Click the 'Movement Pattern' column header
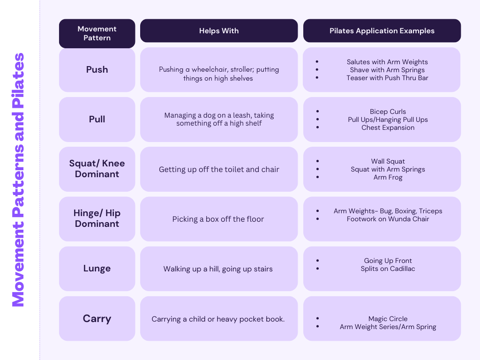click(97, 33)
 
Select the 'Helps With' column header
click(219, 31)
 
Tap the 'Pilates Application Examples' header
click(382, 31)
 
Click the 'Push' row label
click(97, 69)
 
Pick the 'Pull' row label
click(97, 119)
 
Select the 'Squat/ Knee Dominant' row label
click(97, 169)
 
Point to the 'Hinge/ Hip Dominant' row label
click(97, 218)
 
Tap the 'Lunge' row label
click(97, 269)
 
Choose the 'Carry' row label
click(97, 319)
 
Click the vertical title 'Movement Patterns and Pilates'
click(18, 180)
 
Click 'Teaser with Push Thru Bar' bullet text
click(387, 78)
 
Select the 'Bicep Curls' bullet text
click(388, 112)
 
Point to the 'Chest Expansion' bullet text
click(388, 127)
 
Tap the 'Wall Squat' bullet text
click(388, 161)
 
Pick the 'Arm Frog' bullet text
click(388, 177)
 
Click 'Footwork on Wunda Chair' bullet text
click(388, 219)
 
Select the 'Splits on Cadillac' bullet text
click(388, 269)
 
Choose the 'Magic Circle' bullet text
click(388, 319)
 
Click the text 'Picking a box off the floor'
click(218, 219)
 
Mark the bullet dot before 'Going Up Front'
click(318, 261)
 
